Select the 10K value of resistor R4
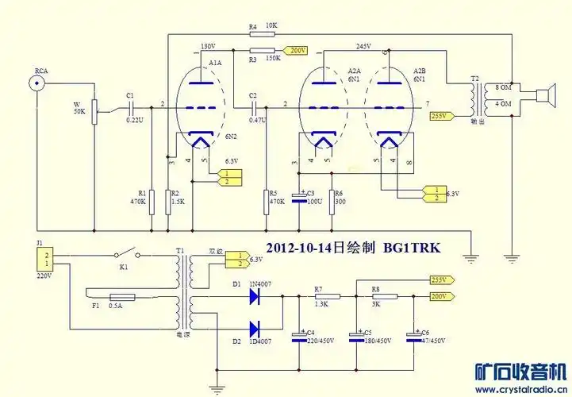click(271, 26)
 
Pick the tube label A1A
click(214, 62)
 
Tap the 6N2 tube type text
click(232, 136)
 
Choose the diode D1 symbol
click(255, 296)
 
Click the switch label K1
click(123, 267)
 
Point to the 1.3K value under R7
click(321, 305)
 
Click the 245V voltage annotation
click(364, 45)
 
